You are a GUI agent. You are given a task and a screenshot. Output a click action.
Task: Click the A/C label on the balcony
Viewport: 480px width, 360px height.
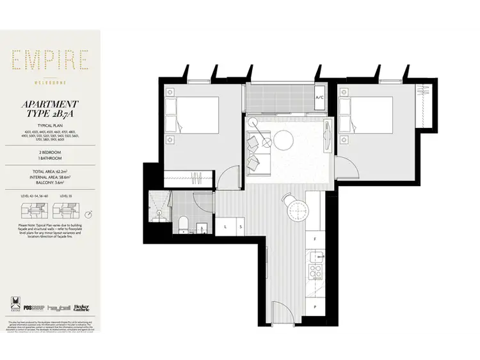point(320,98)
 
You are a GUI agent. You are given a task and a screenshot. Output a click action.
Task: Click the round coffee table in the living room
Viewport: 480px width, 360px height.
point(283,138)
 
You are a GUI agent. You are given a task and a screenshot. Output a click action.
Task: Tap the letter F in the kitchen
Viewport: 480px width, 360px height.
point(314,239)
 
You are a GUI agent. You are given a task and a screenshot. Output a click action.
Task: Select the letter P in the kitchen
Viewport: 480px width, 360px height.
point(314,307)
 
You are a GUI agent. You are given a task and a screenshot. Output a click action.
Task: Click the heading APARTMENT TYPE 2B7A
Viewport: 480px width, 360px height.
point(49,108)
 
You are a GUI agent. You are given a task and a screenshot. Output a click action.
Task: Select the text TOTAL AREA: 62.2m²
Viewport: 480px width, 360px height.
point(49,173)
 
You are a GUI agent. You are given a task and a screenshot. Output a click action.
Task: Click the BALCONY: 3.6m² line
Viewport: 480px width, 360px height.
point(49,183)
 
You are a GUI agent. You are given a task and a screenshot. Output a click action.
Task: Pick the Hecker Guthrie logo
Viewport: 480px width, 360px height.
point(82,307)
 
